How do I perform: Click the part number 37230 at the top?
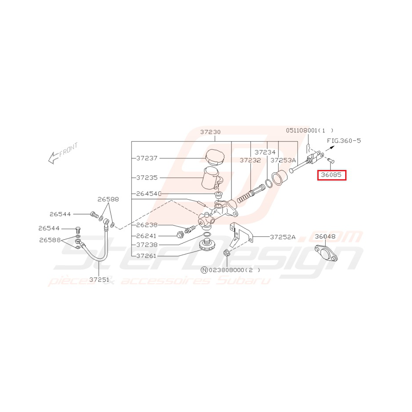coord(210,132)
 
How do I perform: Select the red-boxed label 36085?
coord(331,175)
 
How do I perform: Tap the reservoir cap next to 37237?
coord(215,157)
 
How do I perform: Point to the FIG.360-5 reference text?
coord(344,141)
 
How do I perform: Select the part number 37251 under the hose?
coord(99,280)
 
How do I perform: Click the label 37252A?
coord(283,237)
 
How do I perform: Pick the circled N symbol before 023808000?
coord(204,270)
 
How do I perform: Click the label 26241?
coord(146,236)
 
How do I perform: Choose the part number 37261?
coord(146,256)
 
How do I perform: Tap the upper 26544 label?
coord(60,214)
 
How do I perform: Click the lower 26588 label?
coord(50,240)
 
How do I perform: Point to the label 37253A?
coord(283,160)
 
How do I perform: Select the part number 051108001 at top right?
coord(302,130)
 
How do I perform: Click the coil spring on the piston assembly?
coord(243,198)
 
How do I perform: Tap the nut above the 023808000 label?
coord(227,253)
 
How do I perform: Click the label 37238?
coord(146,245)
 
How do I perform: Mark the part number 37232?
coord(250,160)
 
